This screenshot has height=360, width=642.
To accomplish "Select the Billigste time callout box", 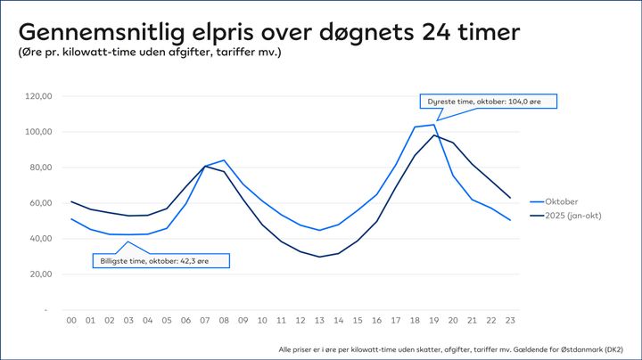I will click(x=160, y=260).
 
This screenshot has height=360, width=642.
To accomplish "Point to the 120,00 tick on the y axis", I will click(x=40, y=96).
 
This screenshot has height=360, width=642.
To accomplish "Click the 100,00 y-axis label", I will click(x=40, y=132).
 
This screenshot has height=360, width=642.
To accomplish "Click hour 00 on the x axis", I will click(x=72, y=320).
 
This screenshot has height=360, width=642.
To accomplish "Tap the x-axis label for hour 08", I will click(x=223, y=320).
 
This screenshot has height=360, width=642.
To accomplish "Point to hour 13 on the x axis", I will click(x=318, y=320).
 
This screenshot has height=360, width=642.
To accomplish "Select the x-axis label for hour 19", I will click(x=432, y=320).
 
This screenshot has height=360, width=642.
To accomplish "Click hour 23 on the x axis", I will click(x=508, y=320).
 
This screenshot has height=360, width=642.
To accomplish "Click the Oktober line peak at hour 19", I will click(x=433, y=125).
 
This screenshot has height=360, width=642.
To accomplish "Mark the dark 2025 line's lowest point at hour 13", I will click(x=319, y=257).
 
